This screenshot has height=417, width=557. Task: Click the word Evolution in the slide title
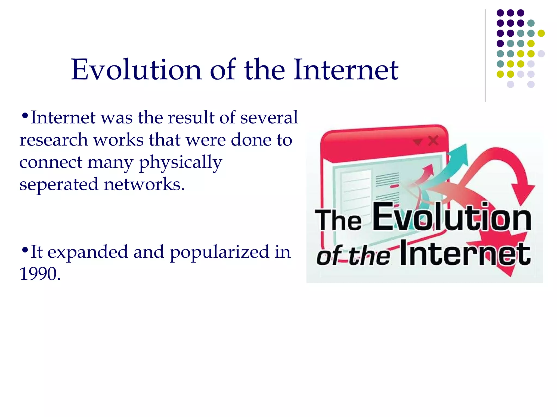[x=136, y=70]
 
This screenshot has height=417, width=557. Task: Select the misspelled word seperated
[x=58, y=184]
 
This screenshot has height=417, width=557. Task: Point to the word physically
[x=180, y=163]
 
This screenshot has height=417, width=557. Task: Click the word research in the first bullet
[x=53, y=140]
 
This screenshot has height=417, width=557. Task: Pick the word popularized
[x=219, y=252]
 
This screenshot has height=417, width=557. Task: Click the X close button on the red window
[x=433, y=141]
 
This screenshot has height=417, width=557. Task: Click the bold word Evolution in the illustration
[x=451, y=217]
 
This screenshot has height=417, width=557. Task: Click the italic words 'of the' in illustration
[x=353, y=256]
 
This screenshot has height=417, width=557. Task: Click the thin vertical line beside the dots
[x=485, y=56]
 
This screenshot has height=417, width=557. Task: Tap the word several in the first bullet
[x=269, y=118]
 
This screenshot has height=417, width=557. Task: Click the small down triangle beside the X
[x=417, y=141]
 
